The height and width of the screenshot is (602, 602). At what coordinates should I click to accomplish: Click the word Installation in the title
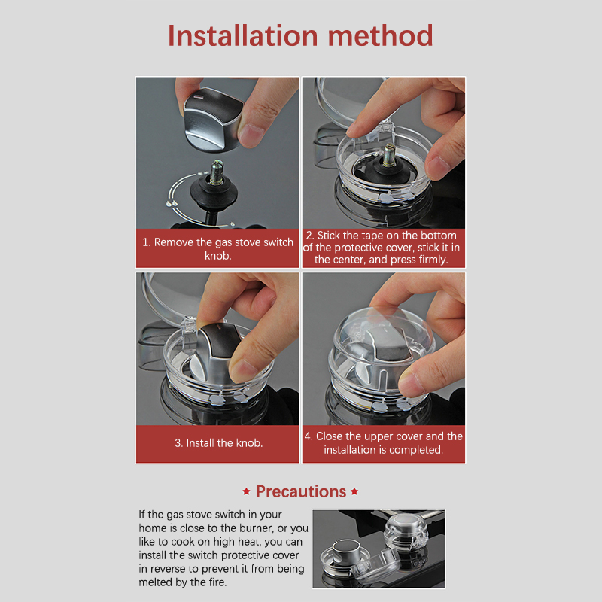243,35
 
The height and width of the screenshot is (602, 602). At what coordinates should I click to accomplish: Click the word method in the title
381,35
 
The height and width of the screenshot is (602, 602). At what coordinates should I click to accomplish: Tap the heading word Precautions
301,492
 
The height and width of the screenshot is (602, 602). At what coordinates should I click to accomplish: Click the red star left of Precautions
247,491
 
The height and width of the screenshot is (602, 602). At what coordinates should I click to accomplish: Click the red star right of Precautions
354,491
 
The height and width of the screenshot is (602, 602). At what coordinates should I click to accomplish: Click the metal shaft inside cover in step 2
389,155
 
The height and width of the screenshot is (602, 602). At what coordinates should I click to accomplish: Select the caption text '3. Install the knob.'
218,443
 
